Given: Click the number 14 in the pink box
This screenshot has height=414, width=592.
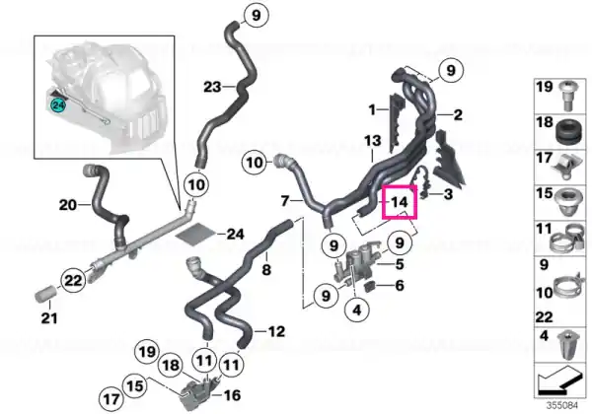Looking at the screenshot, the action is point(400,202).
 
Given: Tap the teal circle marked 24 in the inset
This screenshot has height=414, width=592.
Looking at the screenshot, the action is point(58,105).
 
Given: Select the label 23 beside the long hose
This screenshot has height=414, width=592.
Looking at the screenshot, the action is point(212,87).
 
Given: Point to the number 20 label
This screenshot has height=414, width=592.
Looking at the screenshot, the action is point(68,205).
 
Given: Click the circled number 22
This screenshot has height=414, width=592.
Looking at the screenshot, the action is point(73,280).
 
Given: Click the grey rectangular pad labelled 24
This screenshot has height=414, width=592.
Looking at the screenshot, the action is point(196,235).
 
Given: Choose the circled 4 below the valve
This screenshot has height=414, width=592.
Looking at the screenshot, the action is point(357,310).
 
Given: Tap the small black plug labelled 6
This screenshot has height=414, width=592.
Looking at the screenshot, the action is point(370,286).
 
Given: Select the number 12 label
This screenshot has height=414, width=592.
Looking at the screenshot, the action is point(276,332).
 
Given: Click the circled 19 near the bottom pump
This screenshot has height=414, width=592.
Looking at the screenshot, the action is point(147,352).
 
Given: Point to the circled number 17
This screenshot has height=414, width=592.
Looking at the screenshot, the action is point(111,399).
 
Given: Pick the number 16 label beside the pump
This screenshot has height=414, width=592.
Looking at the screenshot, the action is point(232,395).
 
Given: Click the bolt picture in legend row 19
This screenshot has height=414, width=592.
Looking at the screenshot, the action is point(565,96).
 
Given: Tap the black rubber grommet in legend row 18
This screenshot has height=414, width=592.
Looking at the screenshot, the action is point(567,132).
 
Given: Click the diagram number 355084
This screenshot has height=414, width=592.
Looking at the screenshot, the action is point(562,405).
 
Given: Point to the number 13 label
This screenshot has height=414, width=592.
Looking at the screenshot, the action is point(373,141).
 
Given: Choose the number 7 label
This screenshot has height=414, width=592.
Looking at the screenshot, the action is point(285,200).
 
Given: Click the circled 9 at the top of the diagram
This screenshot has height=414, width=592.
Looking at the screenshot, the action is point(256,16).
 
